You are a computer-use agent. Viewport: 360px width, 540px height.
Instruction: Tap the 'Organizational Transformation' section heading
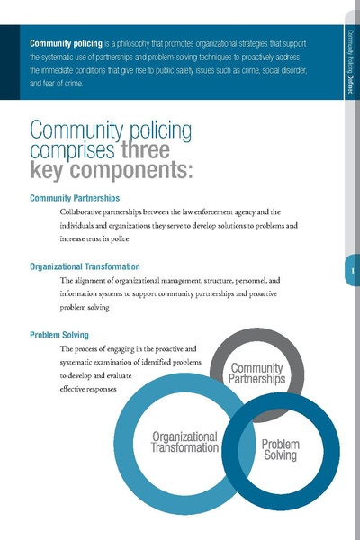pos(85,267)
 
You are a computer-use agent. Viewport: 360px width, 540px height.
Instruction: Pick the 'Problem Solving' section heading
pos(59,336)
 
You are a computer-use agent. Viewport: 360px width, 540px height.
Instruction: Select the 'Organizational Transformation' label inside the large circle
pos(185,441)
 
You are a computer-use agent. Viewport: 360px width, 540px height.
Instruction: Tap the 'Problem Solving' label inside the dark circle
pos(280,450)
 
